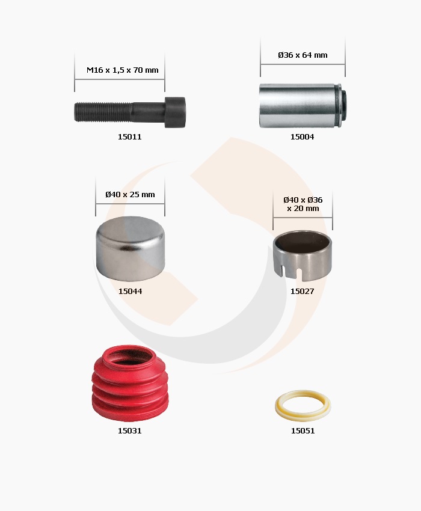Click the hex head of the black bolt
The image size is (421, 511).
tap(175, 112)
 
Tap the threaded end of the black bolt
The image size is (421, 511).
tap(103, 112)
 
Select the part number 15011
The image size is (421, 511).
tap(130, 137)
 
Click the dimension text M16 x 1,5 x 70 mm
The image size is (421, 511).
tap(123, 70)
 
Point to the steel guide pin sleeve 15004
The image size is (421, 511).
tap(303, 106)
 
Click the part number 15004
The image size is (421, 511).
tap(303, 137)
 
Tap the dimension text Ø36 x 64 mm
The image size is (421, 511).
tap(303, 55)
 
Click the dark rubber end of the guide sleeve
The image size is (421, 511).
tap(343, 105)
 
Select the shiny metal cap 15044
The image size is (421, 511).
tap(131, 248)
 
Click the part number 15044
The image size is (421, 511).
tap(130, 292)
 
